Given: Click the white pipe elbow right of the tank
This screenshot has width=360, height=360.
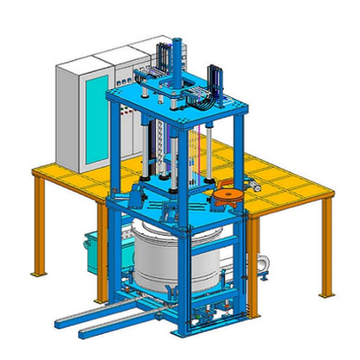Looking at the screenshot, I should pyautogui.click(x=263, y=261).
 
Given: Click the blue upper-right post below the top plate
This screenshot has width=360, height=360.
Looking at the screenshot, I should pyautogui.click(x=238, y=148).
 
